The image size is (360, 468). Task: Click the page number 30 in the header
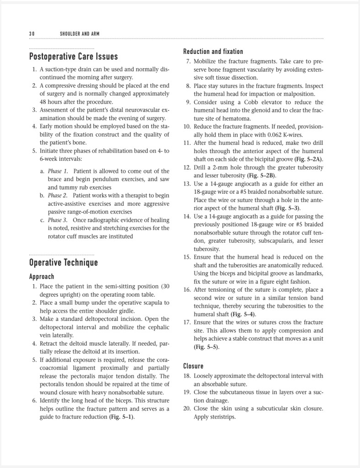pos(32,34)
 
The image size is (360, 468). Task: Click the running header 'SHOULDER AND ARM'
pos(80,34)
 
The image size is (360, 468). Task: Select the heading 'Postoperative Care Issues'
pos(73,57)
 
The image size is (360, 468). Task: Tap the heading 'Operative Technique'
pos(63,263)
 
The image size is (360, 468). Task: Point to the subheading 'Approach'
pos(42,277)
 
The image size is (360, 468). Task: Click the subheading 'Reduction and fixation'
pos(213,52)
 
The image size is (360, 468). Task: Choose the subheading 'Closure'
pos(193,366)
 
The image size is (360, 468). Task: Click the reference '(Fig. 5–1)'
pos(122,417)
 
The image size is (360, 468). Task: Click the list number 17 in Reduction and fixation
pos(187,323)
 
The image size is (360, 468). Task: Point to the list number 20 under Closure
pos(187,409)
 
